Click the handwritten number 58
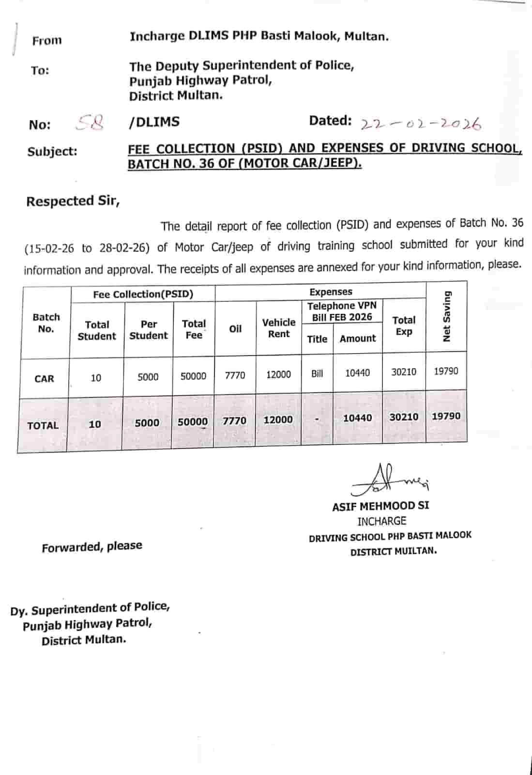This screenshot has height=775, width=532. pyautogui.click(x=90, y=123)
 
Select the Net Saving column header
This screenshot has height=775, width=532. pyautogui.click(x=447, y=317)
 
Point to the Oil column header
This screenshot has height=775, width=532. pyautogui.click(x=235, y=329)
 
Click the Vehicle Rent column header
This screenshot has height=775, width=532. pyautogui.click(x=279, y=328)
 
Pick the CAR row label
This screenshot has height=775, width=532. pyautogui.click(x=44, y=379)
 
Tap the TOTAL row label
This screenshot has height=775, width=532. pyautogui.click(x=43, y=425)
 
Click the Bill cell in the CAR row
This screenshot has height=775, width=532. pyautogui.click(x=317, y=373)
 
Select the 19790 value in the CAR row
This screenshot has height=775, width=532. pyautogui.click(x=446, y=371)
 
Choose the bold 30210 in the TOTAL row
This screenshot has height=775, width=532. pyautogui.click(x=404, y=417)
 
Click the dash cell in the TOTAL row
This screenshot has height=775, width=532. pyautogui.click(x=317, y=419)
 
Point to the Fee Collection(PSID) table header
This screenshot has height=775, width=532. pyautogui.click(x=143, y=294)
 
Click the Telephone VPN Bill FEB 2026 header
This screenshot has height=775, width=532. pyautogui.click(x=342, y=311)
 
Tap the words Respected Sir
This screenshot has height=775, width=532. pyautogui.click(x=73, y=201)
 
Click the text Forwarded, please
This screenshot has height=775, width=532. pyautogui.click(x=92, y=547)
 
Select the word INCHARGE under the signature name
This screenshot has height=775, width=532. pyautogui.click(x=381, y=521)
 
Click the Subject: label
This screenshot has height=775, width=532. pyautogui.click(x=52, y=152)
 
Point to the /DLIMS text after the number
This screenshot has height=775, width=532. pyautogui.click(x=154, y=122)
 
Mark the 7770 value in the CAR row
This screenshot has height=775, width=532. pyautogui.click(x=235, y=375)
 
